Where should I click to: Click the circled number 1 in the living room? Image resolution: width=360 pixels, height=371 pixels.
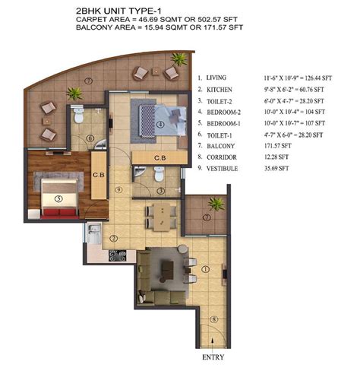pos(205,267)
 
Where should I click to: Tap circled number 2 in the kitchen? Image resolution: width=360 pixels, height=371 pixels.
pos(112,238)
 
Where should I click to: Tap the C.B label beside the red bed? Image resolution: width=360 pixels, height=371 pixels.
pos(98,173)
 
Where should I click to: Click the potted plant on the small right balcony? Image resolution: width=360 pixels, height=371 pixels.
pos(216,203)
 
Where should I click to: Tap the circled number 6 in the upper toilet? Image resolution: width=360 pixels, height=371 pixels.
pos(90,138)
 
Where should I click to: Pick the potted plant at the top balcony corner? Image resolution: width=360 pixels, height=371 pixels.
pos(179,59)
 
